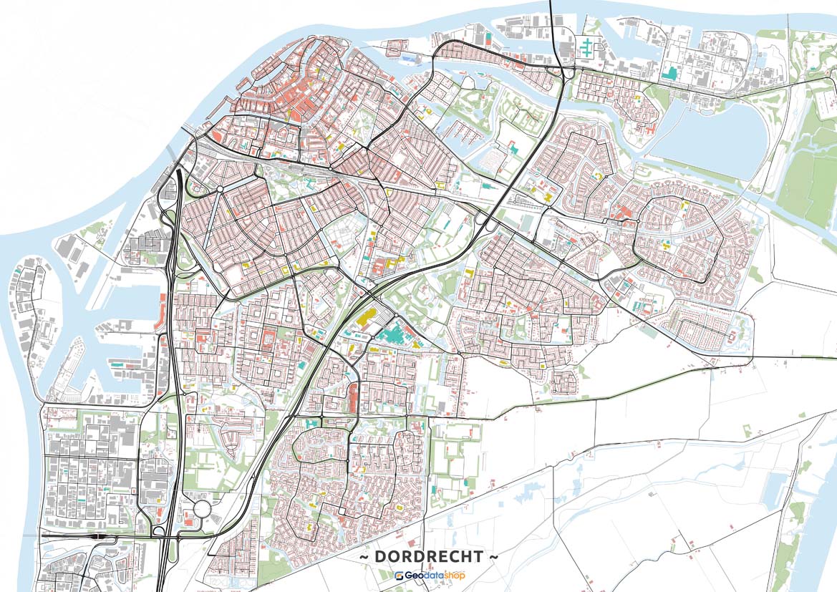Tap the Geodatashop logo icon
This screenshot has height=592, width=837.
pos(399,575)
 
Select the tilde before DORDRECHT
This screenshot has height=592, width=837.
pos(364,556)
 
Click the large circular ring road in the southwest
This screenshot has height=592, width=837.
pos(203,510)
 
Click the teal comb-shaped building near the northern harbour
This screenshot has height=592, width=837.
pos(588,49)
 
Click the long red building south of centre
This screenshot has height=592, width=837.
pos(353,397)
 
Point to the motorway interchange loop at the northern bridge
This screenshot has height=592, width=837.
pos(568,72)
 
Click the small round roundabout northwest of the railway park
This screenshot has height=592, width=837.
pos(220,189)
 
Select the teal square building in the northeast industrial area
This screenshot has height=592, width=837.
pos(671,72)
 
